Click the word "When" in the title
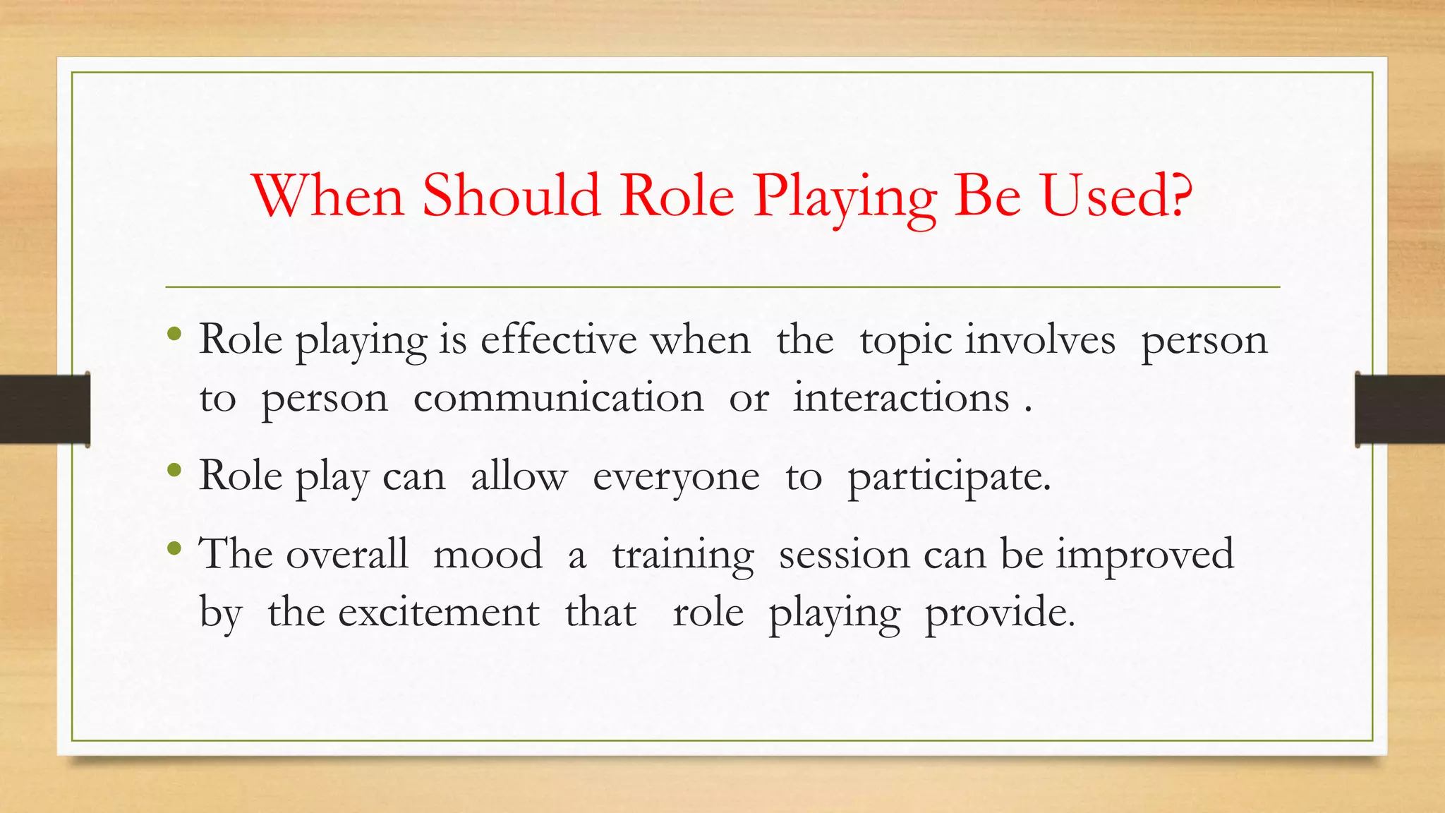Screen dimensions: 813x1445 (x=329, y=195)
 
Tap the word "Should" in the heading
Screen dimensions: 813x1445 (x=512, y=195)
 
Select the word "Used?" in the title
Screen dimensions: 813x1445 (x=1117, y=195)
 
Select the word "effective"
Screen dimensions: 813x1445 (x=559, y=340)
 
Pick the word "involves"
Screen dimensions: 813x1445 (x=1040, y=340)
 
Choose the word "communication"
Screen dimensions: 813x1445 (x=558, y=398)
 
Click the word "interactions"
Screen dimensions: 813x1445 (x=901, y=398)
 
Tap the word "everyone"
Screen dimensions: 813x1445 (x=676, y=478)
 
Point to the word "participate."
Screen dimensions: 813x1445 (x=949, y=478)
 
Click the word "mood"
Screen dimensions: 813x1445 (x=488, y=555)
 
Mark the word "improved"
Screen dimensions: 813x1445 (x=1144, y=555)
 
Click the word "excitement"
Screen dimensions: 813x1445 (x=438, y=613)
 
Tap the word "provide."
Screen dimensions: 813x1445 (x=1000, y=613)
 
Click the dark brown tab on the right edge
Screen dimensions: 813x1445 (x=1400, y=409)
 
